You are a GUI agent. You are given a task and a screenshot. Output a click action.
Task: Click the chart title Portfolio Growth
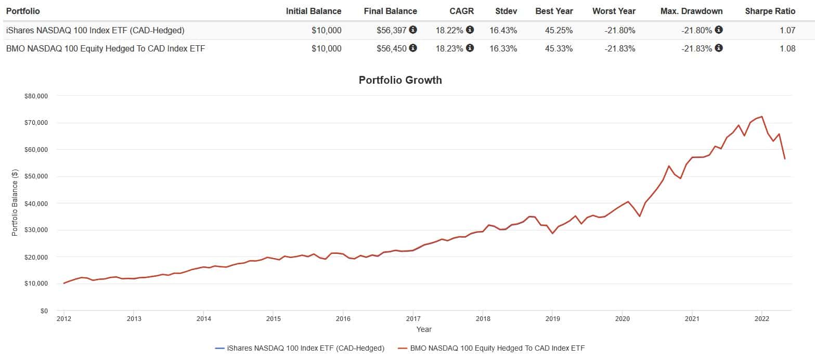pos(400,80)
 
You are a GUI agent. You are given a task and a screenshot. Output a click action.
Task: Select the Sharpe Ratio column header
pos(770,11)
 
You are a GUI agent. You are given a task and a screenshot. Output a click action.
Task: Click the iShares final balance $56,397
pos(391,30)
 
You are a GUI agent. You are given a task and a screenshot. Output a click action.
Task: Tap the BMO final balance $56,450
pos(391,48)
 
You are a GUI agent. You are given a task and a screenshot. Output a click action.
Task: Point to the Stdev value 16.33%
pos(503,48)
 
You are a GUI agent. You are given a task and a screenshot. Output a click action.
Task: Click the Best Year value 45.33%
pos(559,48)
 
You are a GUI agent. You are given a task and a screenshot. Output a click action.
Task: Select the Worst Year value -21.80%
pos(619,30)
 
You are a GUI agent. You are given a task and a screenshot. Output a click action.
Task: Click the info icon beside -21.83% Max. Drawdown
pos(719,48)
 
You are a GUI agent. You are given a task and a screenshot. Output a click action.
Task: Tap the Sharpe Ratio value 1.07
pos(787,30)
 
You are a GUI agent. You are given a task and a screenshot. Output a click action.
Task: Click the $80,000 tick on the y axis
pos(36,96)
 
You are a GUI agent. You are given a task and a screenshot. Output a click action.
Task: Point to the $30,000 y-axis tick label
pos(36,230)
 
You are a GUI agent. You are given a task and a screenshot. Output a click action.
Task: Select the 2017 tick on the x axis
pos(413,319)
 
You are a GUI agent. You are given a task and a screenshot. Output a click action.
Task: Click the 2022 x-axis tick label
pos(761,319)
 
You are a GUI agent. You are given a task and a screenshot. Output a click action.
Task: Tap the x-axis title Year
pos(424,329)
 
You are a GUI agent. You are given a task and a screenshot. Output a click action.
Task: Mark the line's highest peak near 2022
pos(762,117)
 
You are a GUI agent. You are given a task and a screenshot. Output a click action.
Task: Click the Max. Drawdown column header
pos(691,11)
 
